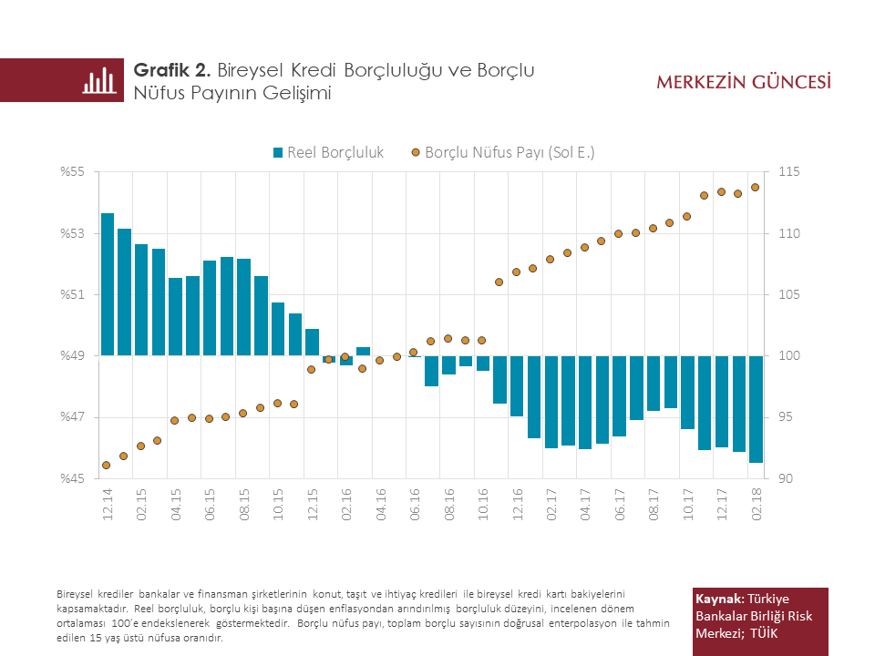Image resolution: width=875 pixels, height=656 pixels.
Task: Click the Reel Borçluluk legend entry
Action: (x=328, y=152)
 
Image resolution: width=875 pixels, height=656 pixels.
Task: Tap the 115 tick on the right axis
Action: (x=787, y=172)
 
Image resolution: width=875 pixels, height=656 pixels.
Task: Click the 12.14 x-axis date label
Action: (x=108, y=504)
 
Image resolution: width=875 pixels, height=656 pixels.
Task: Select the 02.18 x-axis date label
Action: (x=756, y=504)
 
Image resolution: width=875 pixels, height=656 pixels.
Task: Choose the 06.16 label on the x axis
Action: (x=415, y=504)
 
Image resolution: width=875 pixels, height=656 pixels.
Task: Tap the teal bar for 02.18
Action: (x=756, y=409)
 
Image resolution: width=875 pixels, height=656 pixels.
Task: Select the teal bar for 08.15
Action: (x=243, y=307)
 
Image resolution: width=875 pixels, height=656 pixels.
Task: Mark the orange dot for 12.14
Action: (x=106, y=465)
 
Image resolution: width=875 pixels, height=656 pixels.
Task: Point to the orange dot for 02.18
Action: (x=755, y=188)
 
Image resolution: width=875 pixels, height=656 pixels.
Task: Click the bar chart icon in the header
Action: (x=99, y=80)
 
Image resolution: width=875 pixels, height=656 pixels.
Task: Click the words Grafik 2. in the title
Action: (x=172, y=70)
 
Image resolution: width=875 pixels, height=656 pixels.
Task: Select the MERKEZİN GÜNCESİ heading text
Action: (x=744, y=82)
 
